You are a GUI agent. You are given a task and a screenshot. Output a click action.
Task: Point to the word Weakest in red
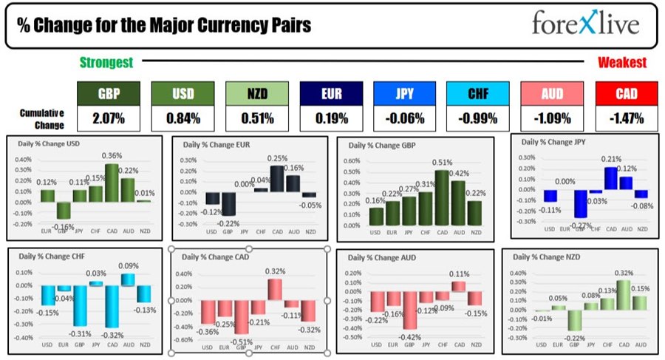click(622, 63)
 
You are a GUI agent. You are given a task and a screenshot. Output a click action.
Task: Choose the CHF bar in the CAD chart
click(275, 288)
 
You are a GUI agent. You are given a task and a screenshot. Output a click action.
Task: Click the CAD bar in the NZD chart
click(624, 294)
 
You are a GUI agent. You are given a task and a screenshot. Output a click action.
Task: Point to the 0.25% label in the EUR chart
click(278, 158)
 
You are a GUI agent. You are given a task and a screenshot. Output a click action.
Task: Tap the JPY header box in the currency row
click(404, 94)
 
